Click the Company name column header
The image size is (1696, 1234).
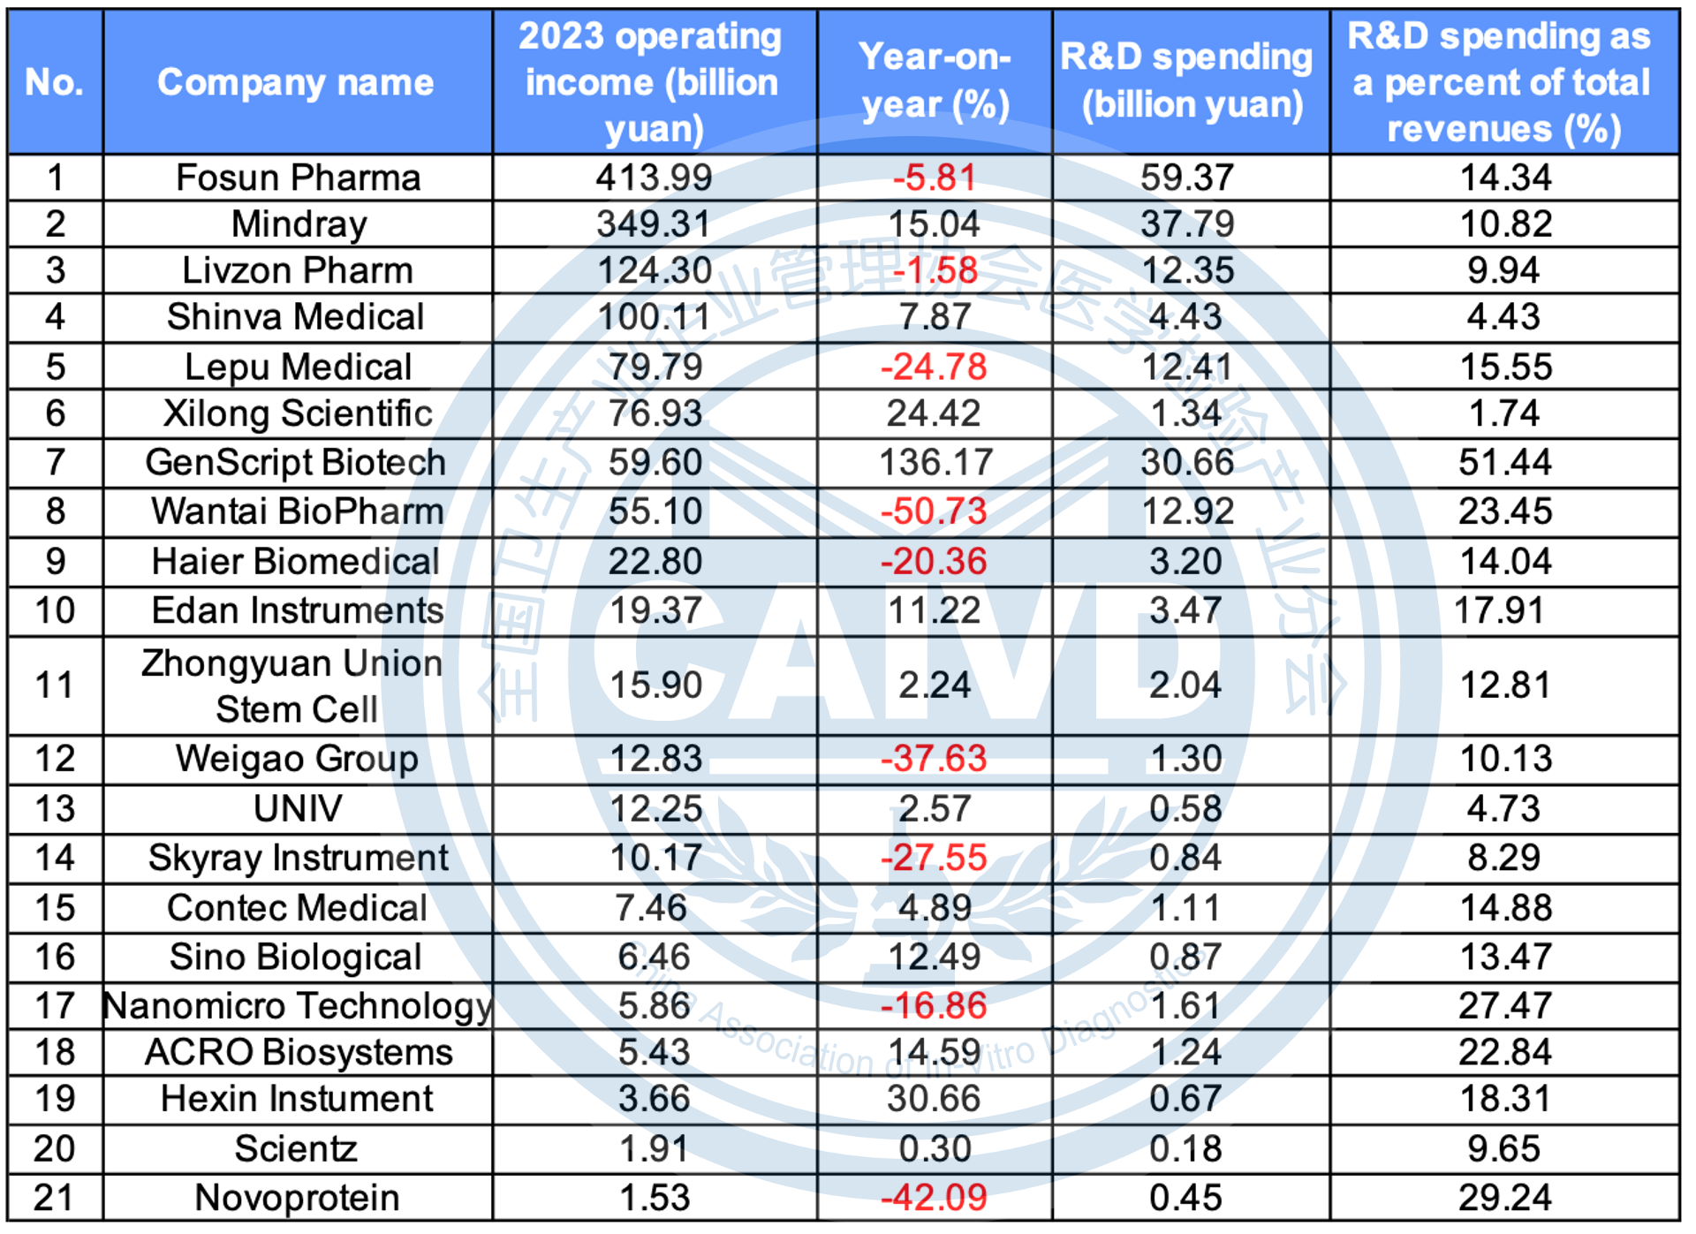[x=296, y=82]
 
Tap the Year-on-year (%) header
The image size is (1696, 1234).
[x=935, y=81]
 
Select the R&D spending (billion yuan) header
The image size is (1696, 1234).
[x=1189, y=81]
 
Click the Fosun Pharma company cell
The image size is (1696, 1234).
[x=298, y=178]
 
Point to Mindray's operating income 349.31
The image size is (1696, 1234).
[x=654, y=224]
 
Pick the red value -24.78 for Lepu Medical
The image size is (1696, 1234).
[x=934, y=367]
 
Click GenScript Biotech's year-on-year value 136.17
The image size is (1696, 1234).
[x=935, y=462]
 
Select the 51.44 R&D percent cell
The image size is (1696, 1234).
[x=1504, y=462]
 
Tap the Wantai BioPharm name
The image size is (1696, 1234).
[x=297, y=511]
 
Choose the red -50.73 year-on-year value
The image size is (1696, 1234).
[x=934, y=511]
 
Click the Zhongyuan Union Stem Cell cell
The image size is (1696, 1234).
[x=294, y=685]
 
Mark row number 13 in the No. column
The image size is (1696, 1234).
[x=55, y=808]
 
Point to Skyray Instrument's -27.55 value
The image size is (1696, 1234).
[x=934, y=858]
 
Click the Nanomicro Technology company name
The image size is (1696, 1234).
[x=298, y=1005]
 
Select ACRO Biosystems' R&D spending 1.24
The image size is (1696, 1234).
[x=1185, y=1052]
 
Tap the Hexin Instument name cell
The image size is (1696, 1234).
[x=297, y=1099]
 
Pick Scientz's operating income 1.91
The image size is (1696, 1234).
[x=654, y=1148]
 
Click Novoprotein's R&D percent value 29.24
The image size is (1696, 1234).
[x=1504, y=1198]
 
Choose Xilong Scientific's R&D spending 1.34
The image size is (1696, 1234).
[x=1186, y=413]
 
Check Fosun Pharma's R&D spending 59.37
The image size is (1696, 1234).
[x=1186, y=178]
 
